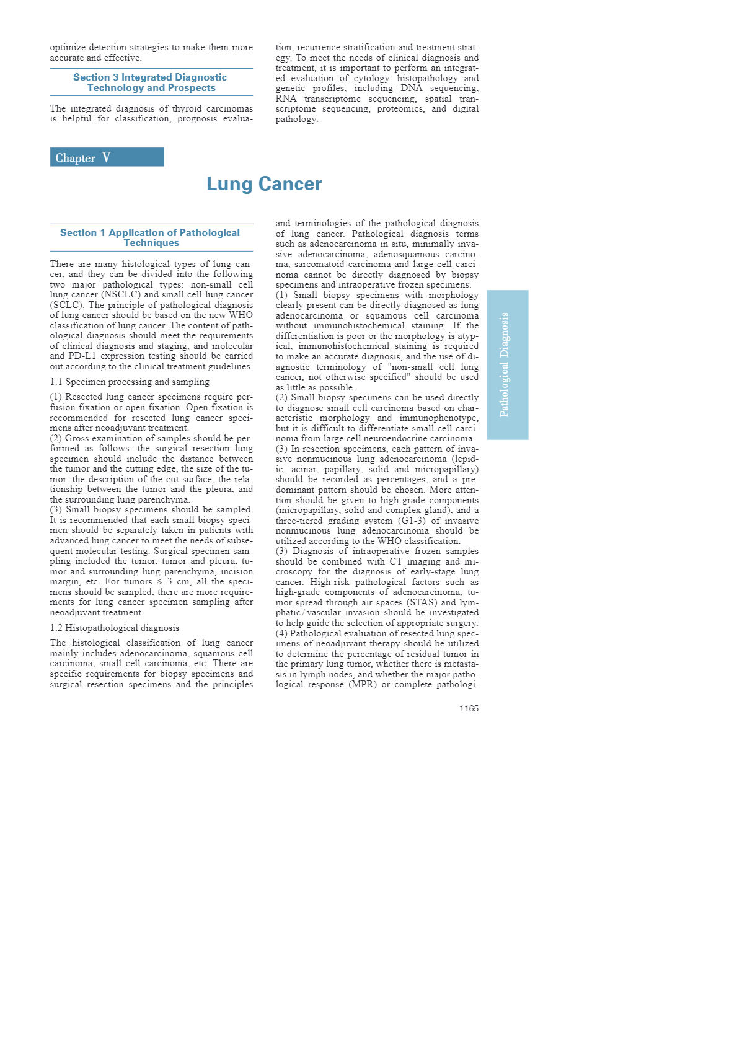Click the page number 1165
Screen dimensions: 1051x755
click(469, 708)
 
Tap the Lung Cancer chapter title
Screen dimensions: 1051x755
click(264, 184)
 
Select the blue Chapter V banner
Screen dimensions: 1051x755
click(107, 157)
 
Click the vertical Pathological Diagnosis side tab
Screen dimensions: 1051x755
click(507, 364)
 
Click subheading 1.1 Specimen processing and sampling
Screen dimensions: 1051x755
click(130, 382)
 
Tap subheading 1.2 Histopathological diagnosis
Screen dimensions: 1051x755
click(115, 628)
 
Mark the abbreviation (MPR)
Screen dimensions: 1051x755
click(363, 684)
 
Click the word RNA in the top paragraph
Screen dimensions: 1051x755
click(286, 99)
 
